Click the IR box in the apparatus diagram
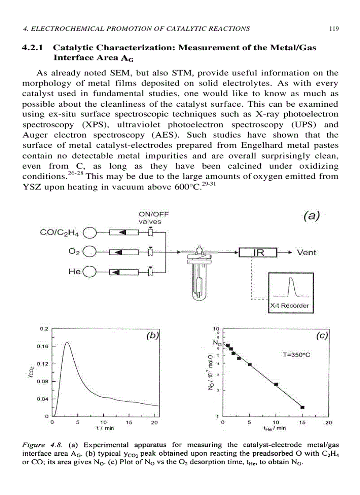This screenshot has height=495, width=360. click(x=258, y=253)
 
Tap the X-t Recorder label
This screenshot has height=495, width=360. click(x=289, y=305)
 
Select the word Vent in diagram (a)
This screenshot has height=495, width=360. click(x=306, y=253)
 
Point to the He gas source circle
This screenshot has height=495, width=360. click(x=90, y=272)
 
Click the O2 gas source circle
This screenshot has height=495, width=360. click(x=90, y=253)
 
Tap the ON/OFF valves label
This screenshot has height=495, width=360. click(x=153, y=218)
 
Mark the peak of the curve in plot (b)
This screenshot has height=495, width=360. click(x=67, y=342)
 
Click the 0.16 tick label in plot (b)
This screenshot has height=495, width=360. click(x=43, y=346)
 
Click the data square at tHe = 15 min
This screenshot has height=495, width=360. click(x=302, y=407)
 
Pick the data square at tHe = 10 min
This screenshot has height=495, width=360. click(x=276, y=384)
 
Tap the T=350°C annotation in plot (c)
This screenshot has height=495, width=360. click(x=297, y=354)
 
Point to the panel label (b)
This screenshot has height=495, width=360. click(x=152, y=336)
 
